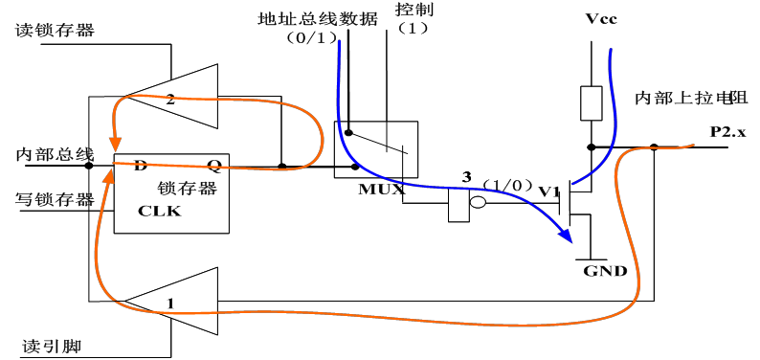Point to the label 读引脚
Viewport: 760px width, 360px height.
tap(45, 344)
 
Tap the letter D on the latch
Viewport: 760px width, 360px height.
tap(140, 165)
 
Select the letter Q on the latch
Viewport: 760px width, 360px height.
tap(214, 165)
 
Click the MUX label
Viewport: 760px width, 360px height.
tap(381, 189)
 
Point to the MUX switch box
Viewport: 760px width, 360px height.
tap(375, 148)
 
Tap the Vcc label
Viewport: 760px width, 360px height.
tap(600, 19)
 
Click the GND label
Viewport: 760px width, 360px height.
tap(605, 271)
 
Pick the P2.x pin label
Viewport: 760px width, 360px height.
tap(727, 130)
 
